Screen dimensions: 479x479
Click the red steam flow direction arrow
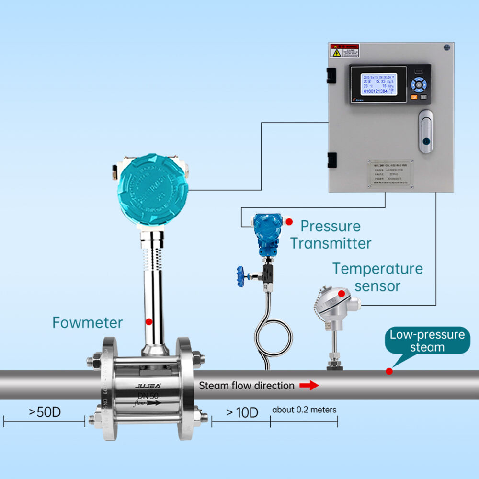point(309,385)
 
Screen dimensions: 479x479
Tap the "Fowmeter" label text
point(87,322)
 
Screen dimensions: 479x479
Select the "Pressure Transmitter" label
point(331,234)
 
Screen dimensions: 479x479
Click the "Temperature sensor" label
point(377,277)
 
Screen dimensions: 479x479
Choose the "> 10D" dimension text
point(242,412)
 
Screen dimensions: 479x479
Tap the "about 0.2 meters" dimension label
point(304,410)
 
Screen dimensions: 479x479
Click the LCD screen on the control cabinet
point(378,84)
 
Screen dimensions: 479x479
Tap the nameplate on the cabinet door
point(390,173)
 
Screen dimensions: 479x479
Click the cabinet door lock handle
point(425,131)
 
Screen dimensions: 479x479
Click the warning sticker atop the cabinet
point(344,50)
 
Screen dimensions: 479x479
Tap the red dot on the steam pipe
point(389,371)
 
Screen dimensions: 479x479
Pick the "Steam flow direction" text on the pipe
point(247,385)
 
